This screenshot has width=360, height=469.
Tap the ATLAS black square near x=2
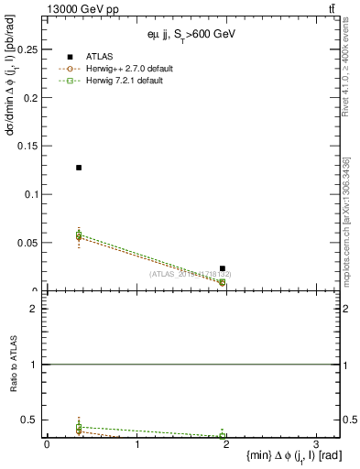pos(223,268)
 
